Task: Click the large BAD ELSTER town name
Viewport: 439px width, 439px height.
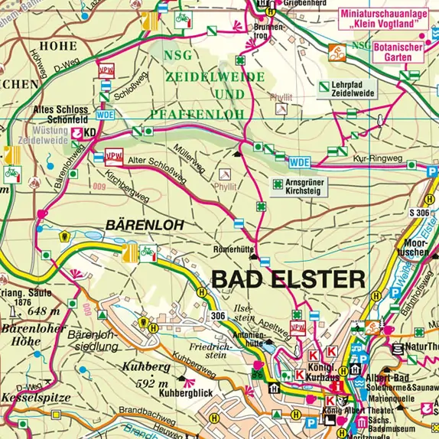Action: (x=288, y=279)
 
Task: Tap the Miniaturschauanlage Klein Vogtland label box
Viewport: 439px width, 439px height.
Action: (x=380, y=19)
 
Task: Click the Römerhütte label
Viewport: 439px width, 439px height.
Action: (x=236, y=249)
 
